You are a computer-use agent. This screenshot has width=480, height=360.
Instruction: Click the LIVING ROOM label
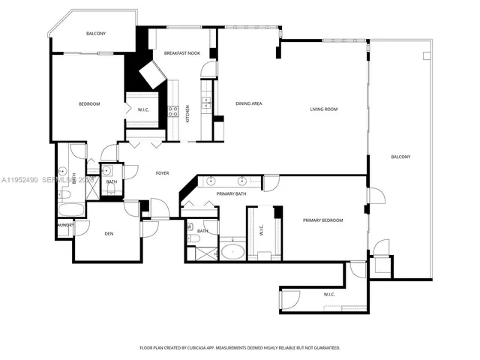pos(324,109)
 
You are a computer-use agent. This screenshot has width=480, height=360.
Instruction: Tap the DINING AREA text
pos(248,103)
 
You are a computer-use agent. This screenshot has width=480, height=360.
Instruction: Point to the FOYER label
pos(162,173)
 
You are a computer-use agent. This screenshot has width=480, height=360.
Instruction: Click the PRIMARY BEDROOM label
pos(322,220)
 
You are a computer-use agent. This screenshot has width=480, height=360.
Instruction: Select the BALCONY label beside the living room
pos(400,157)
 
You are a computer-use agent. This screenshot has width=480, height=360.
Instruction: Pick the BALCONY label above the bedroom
pos(95,34)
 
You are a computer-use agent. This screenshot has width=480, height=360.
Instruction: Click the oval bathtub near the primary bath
pos(232,250)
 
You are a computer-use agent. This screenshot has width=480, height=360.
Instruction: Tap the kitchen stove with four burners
pos(172,113)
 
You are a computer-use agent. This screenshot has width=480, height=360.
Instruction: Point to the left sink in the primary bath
pos(211,181)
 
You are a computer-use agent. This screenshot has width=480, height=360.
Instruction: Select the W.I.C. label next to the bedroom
pos(143,110)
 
